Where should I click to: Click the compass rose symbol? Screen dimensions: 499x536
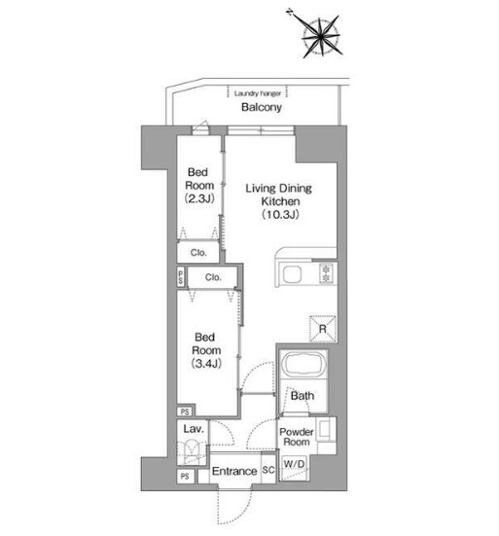click(x=321, y=36)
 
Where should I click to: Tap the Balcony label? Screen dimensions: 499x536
click(x=262, y=107)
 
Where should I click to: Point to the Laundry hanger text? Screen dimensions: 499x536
click(x=258, y=93)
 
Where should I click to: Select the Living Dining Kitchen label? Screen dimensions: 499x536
click(x=279, y=195)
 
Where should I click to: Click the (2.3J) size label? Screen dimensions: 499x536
click(x=199, y=198)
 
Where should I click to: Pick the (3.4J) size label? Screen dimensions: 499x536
click(x=206, y=364)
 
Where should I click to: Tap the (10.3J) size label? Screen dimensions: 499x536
click(x=280, y=214)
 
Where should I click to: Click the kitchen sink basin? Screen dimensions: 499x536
click(x=292, y=274)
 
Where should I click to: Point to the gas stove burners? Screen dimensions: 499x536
click(x=326, y=273)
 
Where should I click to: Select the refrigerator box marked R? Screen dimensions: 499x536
click(x=323, y=329)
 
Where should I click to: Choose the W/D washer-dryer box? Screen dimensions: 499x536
click(x=294, y=468)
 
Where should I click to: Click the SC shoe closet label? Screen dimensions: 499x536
click(x=268, y=470)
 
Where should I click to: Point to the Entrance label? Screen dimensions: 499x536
click(x=234, y=471)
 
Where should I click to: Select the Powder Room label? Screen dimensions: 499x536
click(x=297, y=437)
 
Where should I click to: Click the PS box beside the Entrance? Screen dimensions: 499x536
click(x=185, y=477)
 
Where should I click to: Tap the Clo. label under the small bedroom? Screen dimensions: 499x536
click(x=198, y=253)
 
